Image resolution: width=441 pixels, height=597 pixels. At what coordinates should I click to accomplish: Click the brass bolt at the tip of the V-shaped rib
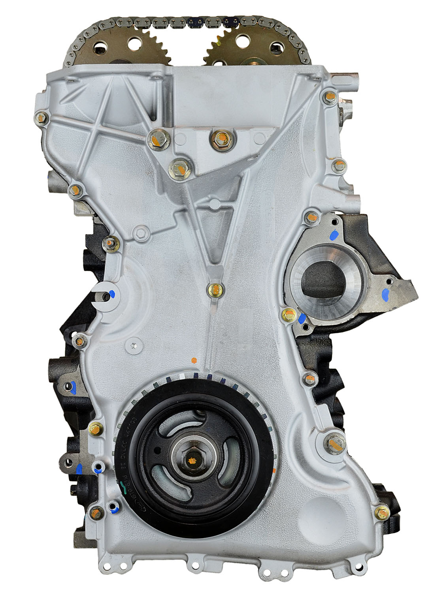[216, 289]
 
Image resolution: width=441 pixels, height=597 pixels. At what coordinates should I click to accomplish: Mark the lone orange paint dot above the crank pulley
[194, 360]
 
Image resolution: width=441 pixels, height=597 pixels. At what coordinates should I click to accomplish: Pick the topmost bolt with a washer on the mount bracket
[217, 137]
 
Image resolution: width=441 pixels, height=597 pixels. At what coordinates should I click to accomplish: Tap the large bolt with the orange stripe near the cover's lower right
[333, 443]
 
